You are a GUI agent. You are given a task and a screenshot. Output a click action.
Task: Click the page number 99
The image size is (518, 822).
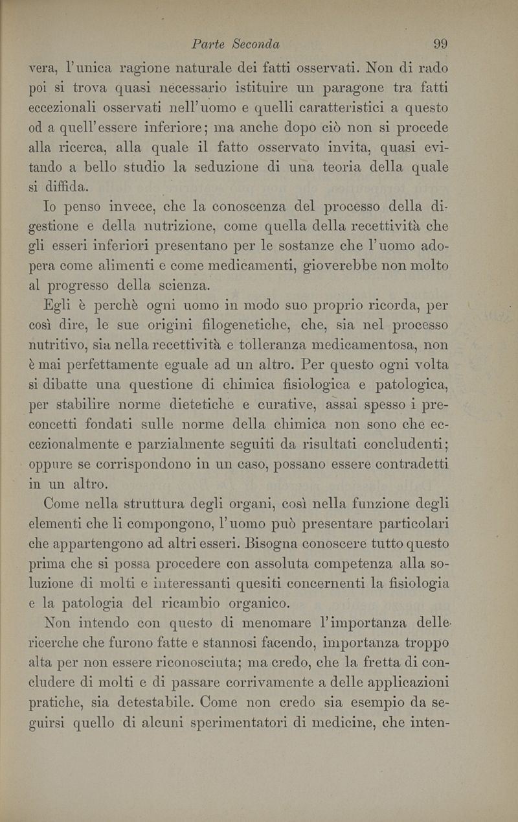click(x=441, y=44)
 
